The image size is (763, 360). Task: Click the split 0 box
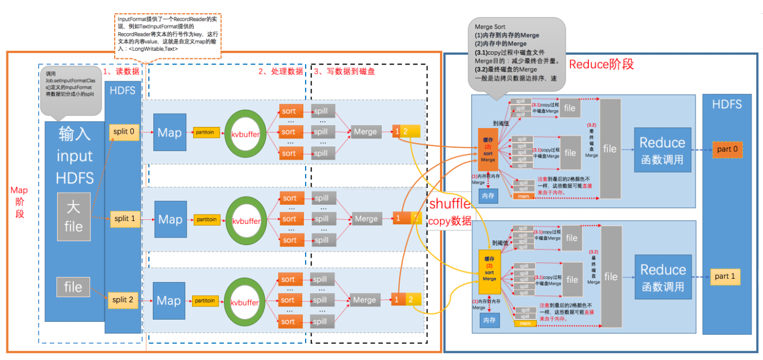[x=125, y=132]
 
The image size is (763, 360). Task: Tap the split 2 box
[x=123, y=300]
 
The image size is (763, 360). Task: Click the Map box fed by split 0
[x=170, y=133]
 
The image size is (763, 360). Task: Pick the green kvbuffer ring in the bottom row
[x=245, y=301]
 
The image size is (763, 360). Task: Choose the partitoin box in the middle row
[x=206, y=219]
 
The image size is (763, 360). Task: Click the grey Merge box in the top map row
[x=365, y=132]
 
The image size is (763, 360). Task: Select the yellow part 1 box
[x=725, y=276]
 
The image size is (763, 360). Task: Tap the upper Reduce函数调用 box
[x=662, y=150]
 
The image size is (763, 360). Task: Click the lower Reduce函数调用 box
[x=663, y=277]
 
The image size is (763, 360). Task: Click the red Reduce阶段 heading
[x=601, y=64]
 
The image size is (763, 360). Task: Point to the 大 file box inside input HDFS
[x=73, y=216]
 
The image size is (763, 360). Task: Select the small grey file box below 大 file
[x=73, y=287]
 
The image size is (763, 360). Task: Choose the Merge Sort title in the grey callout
[x=490, y=27]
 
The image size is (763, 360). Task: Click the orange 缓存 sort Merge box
[x=488, y=149]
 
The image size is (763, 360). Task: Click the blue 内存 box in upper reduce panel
[x=488, y=196]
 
